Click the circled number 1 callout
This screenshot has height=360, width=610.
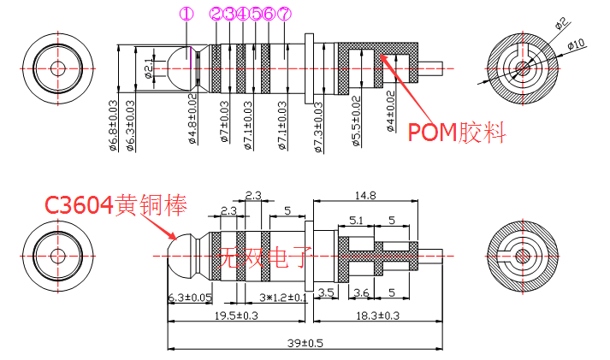187,14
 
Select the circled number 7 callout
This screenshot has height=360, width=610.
285,14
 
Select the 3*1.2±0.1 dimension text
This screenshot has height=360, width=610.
282,298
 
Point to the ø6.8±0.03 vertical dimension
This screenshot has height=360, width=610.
113,125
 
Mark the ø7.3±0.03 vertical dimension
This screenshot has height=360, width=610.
318,126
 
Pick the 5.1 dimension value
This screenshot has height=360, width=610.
357,220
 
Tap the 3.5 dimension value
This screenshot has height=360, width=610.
326,292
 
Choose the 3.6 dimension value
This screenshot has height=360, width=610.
360,292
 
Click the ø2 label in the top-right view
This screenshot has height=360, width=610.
561,23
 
